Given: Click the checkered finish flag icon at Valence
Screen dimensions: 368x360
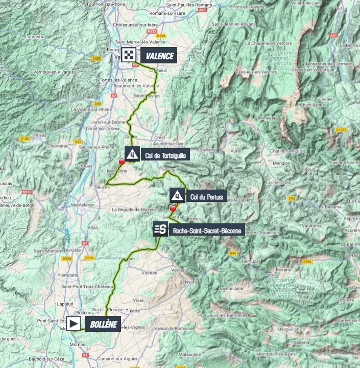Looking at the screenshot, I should coord(129,55).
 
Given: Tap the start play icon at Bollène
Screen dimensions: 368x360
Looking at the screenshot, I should coord(74,324).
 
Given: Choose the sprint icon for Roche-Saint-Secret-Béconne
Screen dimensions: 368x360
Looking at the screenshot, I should coord(160,230).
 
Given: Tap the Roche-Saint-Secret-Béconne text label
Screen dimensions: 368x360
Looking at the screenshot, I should coord(207,231).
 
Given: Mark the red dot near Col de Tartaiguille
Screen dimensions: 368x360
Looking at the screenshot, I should coord(122,162).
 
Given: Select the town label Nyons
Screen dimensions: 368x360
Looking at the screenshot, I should coord(191,282).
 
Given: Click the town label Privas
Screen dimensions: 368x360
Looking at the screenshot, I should coord(40,135).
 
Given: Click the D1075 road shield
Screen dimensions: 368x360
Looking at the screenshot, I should coord(341,130).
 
